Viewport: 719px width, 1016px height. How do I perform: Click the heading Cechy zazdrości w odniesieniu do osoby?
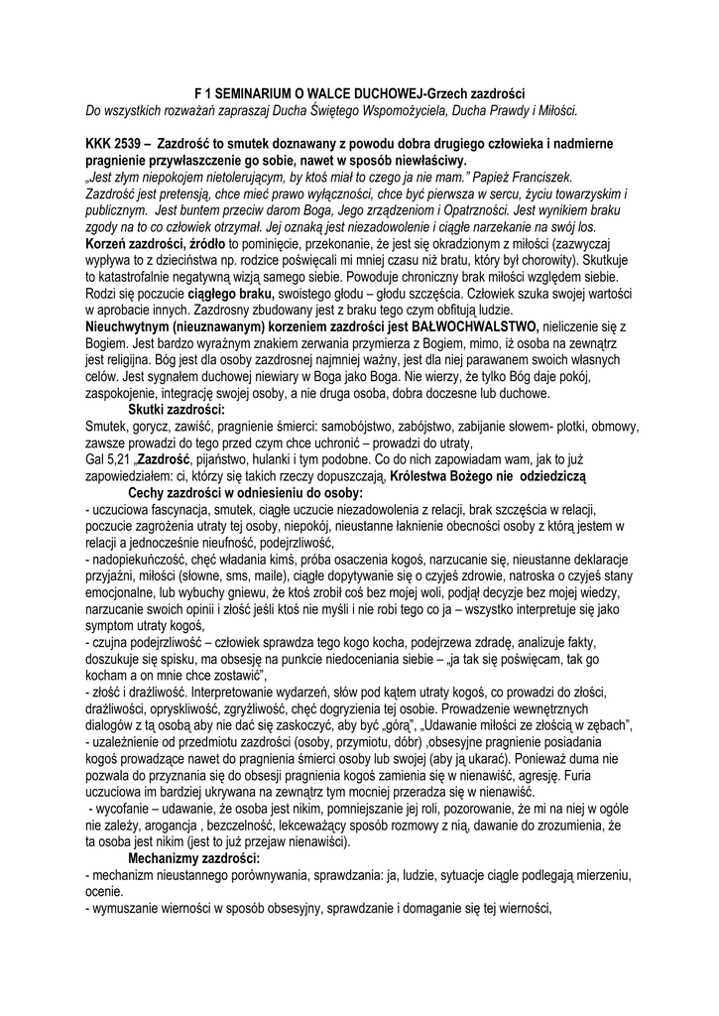[246, 493]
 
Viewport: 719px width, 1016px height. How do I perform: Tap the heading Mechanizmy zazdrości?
[194, 857]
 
